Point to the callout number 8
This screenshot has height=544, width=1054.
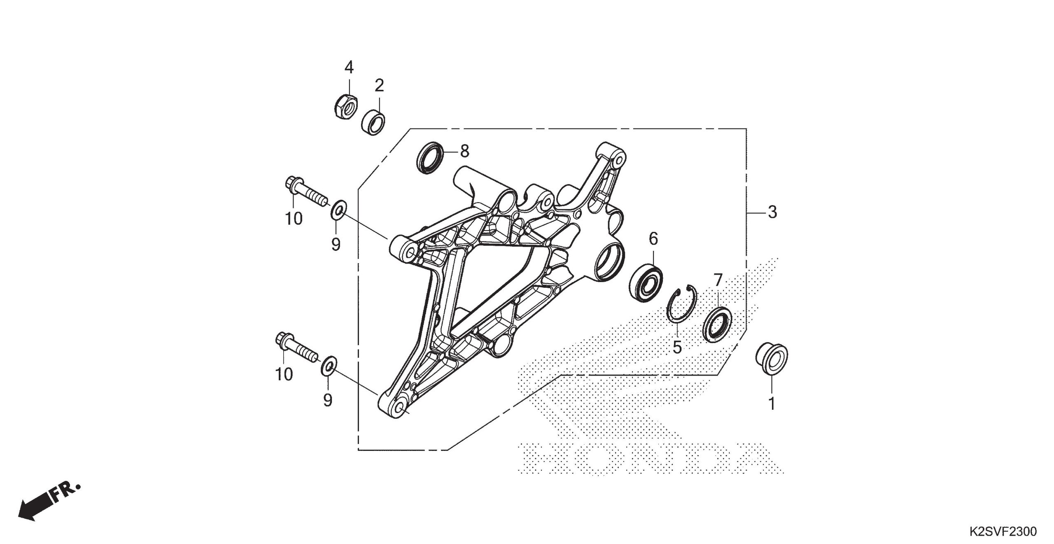464,152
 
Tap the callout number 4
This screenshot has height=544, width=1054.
349,67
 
